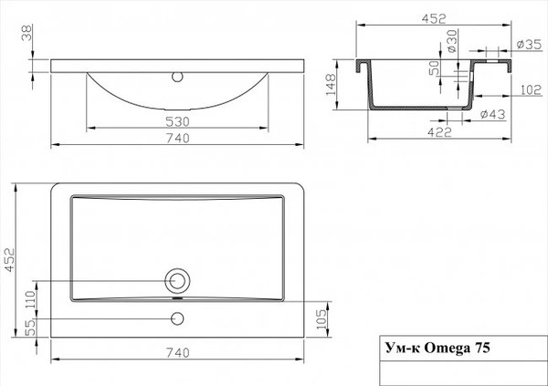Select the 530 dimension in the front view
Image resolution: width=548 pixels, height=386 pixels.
point(178,120)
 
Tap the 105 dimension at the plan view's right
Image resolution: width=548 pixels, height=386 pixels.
point(321,316)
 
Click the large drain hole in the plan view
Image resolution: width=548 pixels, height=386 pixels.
point(178,279)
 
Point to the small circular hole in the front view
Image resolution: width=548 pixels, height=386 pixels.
point(178,75)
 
